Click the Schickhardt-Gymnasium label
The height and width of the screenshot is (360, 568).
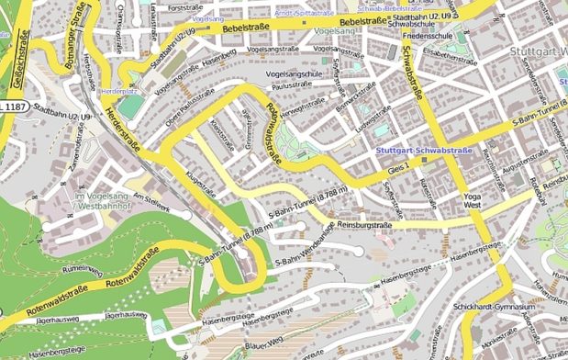[x=493, y=306]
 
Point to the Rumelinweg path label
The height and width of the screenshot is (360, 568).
[x=80, y=268]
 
